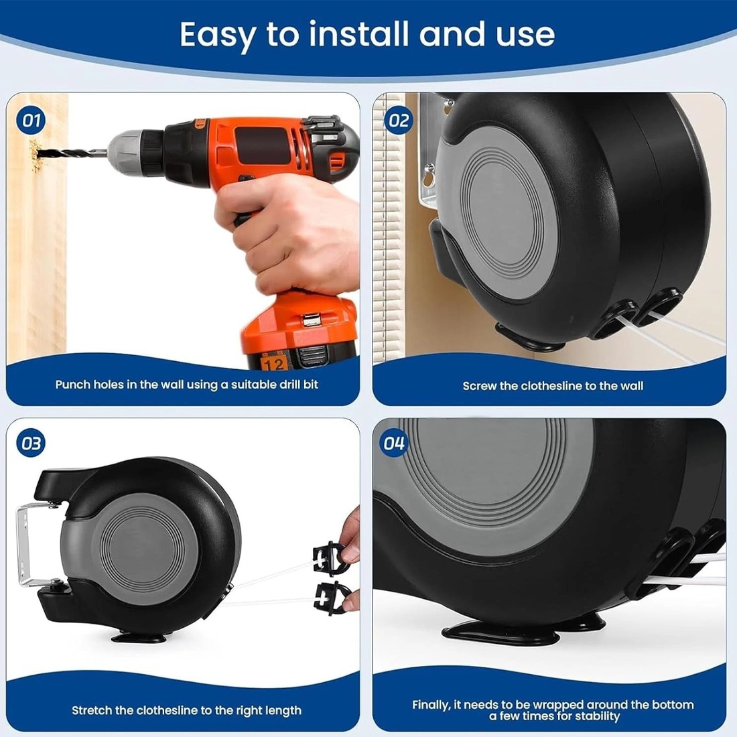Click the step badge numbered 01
point(31,121)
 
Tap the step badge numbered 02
point(398,121)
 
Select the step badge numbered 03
point(31,444)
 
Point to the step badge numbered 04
point(394,444)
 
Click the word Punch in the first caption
point(72,385)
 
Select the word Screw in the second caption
point(480,386)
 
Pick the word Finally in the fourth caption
point(431,705)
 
